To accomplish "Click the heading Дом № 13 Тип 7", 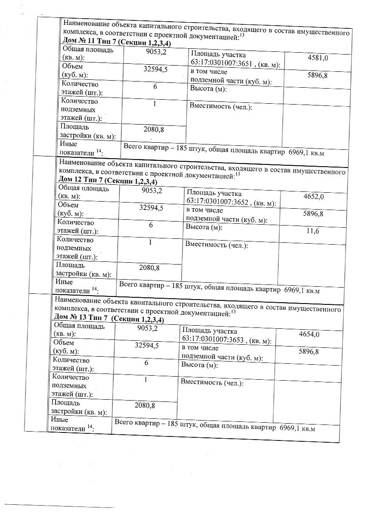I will pyautogui.click(x=108, y=319).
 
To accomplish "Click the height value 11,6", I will pyautogui.click(x=313, y=231).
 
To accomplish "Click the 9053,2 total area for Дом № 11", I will pyautogui.click(x=156, y=52).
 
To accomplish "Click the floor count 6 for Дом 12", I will pyautogui.click(x=151, y=225).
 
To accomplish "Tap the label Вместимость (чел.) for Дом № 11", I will pyautogui.click(x=221, y=106).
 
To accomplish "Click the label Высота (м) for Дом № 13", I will pyautogui.click(x=199, y=365).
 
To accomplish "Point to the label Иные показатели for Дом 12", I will pyautogui.click(x=76, y=286).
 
